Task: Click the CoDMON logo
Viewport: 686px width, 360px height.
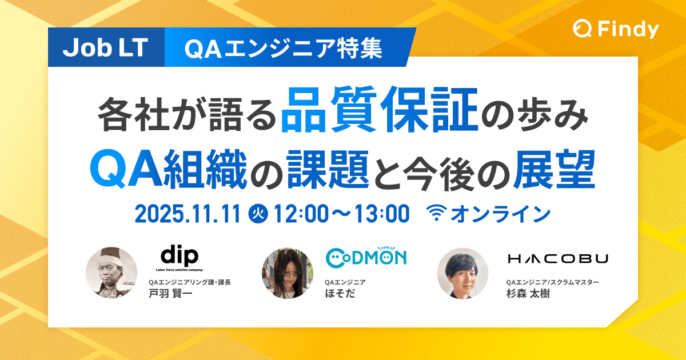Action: [x=366, y=257]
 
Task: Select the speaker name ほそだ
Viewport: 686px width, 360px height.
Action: [x=340, y=294]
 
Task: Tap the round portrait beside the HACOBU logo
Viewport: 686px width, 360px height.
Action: [x=462, y=273]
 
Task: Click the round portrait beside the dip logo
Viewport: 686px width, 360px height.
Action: [x=111, y=273]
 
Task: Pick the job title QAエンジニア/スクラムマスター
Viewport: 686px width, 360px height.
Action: [x=552, y=282]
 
